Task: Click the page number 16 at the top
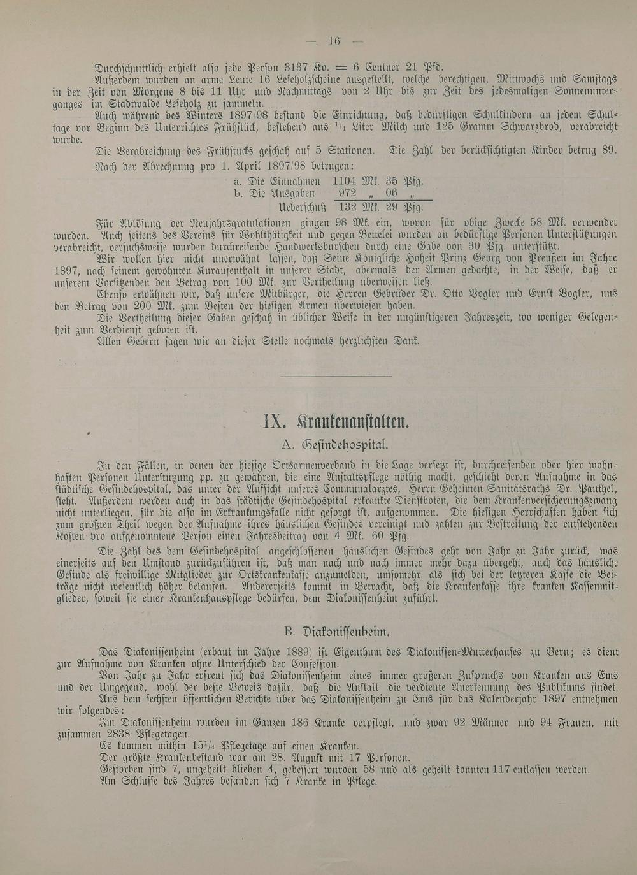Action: coord(334,41)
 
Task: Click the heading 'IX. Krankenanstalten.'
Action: coord(336,423)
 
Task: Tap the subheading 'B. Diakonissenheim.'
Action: coord(336,632)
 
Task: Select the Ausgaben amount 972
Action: coord(348,193)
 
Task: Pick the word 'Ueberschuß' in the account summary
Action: coord(302,207)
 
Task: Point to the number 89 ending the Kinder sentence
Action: coord(609,151)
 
